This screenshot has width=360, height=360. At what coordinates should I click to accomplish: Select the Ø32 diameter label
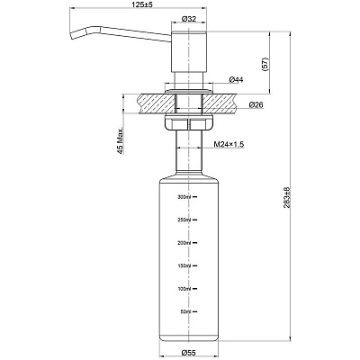(x=189, y=19)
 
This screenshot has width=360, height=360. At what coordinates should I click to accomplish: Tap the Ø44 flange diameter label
(x=236, y=80)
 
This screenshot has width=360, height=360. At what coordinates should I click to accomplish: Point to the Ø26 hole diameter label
(x=256, y=104)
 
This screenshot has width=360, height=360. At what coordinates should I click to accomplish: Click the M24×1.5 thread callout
(x=229, y=144)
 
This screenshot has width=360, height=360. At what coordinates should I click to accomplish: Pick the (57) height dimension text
(x=265, y=64)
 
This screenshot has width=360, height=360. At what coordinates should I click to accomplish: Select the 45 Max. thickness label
(x=121, y=140)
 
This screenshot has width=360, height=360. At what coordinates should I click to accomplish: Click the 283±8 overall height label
(x=286, y=198)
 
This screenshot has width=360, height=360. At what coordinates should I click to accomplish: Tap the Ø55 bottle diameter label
(x=189, y=352)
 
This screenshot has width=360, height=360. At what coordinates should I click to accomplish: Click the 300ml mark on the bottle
(x=184, y=197)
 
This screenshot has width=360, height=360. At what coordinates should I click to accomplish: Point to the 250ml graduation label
(x=184, y=220)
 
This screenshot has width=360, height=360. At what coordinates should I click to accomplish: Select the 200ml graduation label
(x=184, y=243)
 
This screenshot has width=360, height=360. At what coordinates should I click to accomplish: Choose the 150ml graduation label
(x=184, y=265)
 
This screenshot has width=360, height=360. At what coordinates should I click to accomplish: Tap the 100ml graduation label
(x=184, y=289)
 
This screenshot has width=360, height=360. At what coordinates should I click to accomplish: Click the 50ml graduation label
(x=185, y=311)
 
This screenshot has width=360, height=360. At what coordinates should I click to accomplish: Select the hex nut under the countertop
(x=189, y=122)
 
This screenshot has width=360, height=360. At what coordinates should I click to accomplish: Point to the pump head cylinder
(x=189, y=51)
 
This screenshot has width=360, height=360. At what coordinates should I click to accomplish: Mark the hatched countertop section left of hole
(x=157, y=103)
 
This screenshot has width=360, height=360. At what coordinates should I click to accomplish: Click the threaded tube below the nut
(x=189, y=151)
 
